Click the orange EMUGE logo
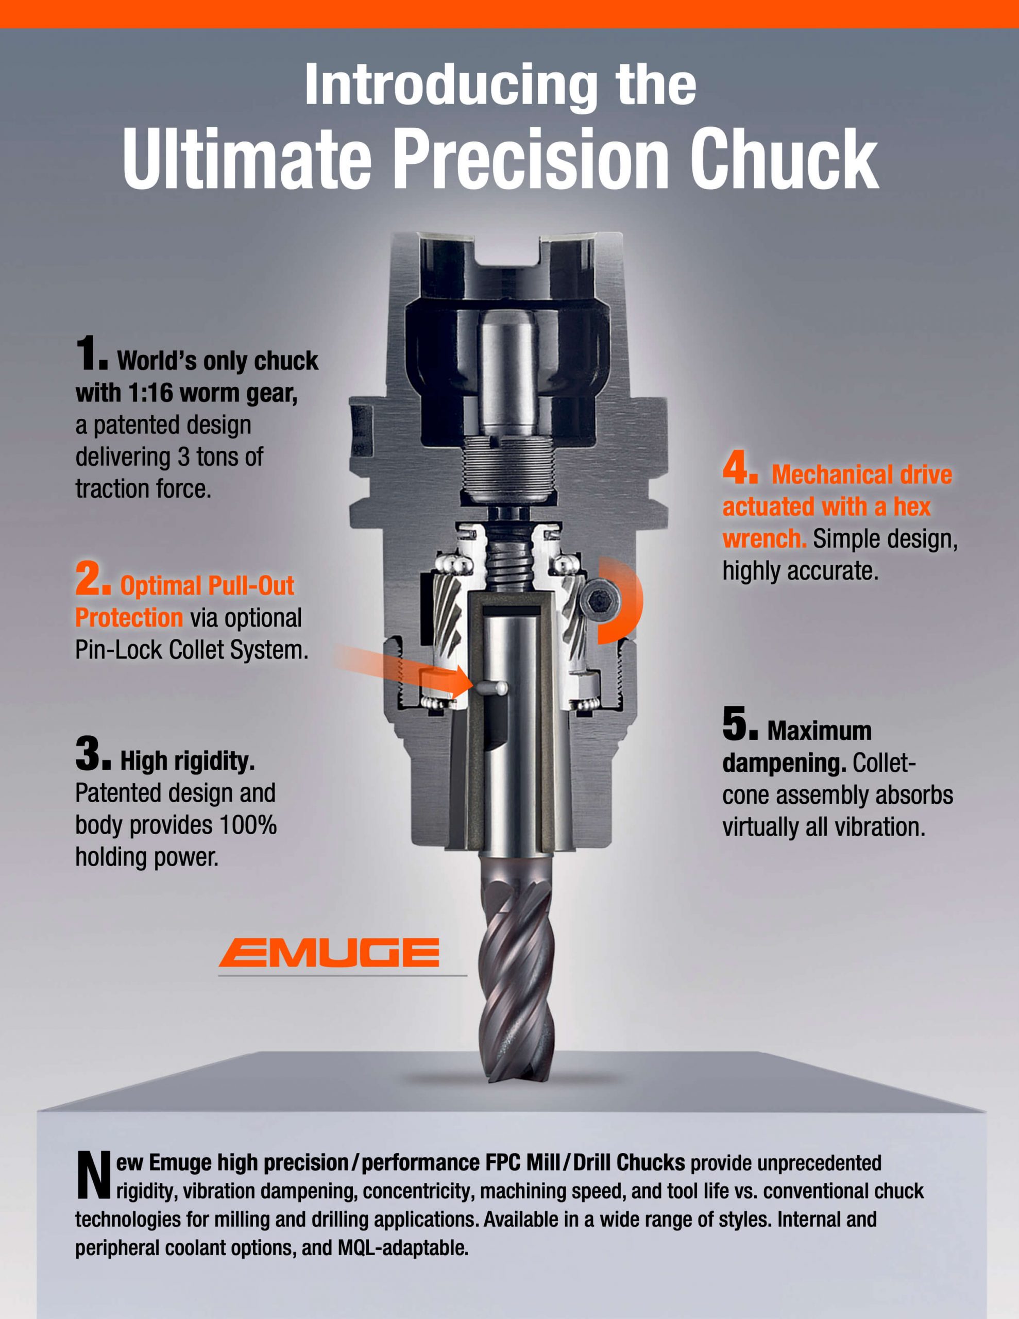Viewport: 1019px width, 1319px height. [x=329, y=952]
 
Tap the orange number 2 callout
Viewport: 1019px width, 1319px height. [x=92, y=579]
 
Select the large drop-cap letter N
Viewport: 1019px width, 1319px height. [x=94, y=1175]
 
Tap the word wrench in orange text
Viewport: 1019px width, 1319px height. [x=765, y=538]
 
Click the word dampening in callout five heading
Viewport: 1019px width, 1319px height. [x=784, y=764]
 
